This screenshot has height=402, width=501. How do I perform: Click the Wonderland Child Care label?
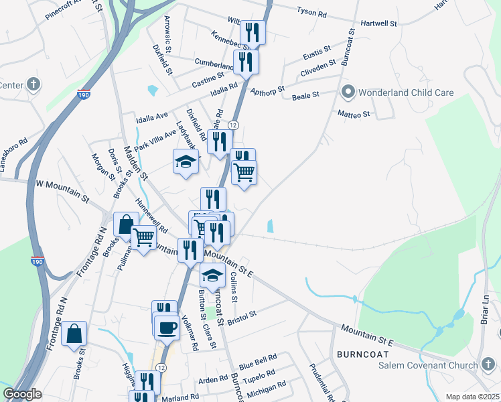tap(407, 92)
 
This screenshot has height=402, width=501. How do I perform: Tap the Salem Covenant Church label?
tap(423, 364)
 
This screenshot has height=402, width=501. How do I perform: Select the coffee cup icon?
tap(167, 327)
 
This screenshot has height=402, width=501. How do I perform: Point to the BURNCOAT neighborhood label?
tap(363, 353)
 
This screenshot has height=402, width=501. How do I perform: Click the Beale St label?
tap(305, 96)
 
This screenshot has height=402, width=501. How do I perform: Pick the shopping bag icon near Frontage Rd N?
tap(74, 333)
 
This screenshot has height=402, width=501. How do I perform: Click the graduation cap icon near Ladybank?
tap(186, 161)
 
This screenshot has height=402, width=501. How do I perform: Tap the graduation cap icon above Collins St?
tap(213, 275)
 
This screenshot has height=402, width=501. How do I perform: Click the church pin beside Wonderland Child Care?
tap(348, 91)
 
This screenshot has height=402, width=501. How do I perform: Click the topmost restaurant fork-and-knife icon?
tap(253, 31)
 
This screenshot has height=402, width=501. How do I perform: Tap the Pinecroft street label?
tap(63, 13)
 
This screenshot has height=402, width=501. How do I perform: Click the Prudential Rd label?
tap(321, 379)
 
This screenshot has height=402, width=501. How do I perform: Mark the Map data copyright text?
tap(472, 397)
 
